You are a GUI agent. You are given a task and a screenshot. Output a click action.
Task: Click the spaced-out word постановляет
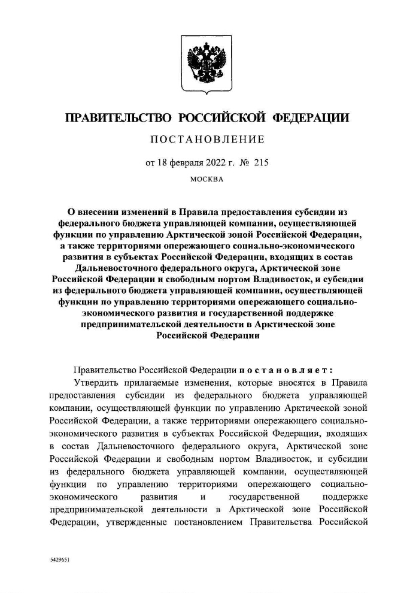coord(284,370)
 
